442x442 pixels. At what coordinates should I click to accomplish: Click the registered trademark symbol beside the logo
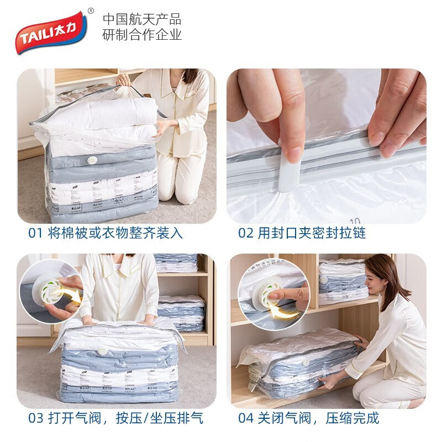point(91,10)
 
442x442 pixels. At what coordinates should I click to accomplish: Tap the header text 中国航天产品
point(142,19)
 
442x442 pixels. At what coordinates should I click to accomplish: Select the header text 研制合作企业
point(142,35)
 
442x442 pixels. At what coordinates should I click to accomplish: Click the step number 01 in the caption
point(35,233)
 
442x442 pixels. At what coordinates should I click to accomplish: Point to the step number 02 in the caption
point(246,233)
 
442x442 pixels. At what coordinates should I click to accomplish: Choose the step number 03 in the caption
point(35,418)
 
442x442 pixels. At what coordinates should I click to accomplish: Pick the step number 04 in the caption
point(246,418)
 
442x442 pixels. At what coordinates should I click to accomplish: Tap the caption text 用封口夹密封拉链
point(312,233)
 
